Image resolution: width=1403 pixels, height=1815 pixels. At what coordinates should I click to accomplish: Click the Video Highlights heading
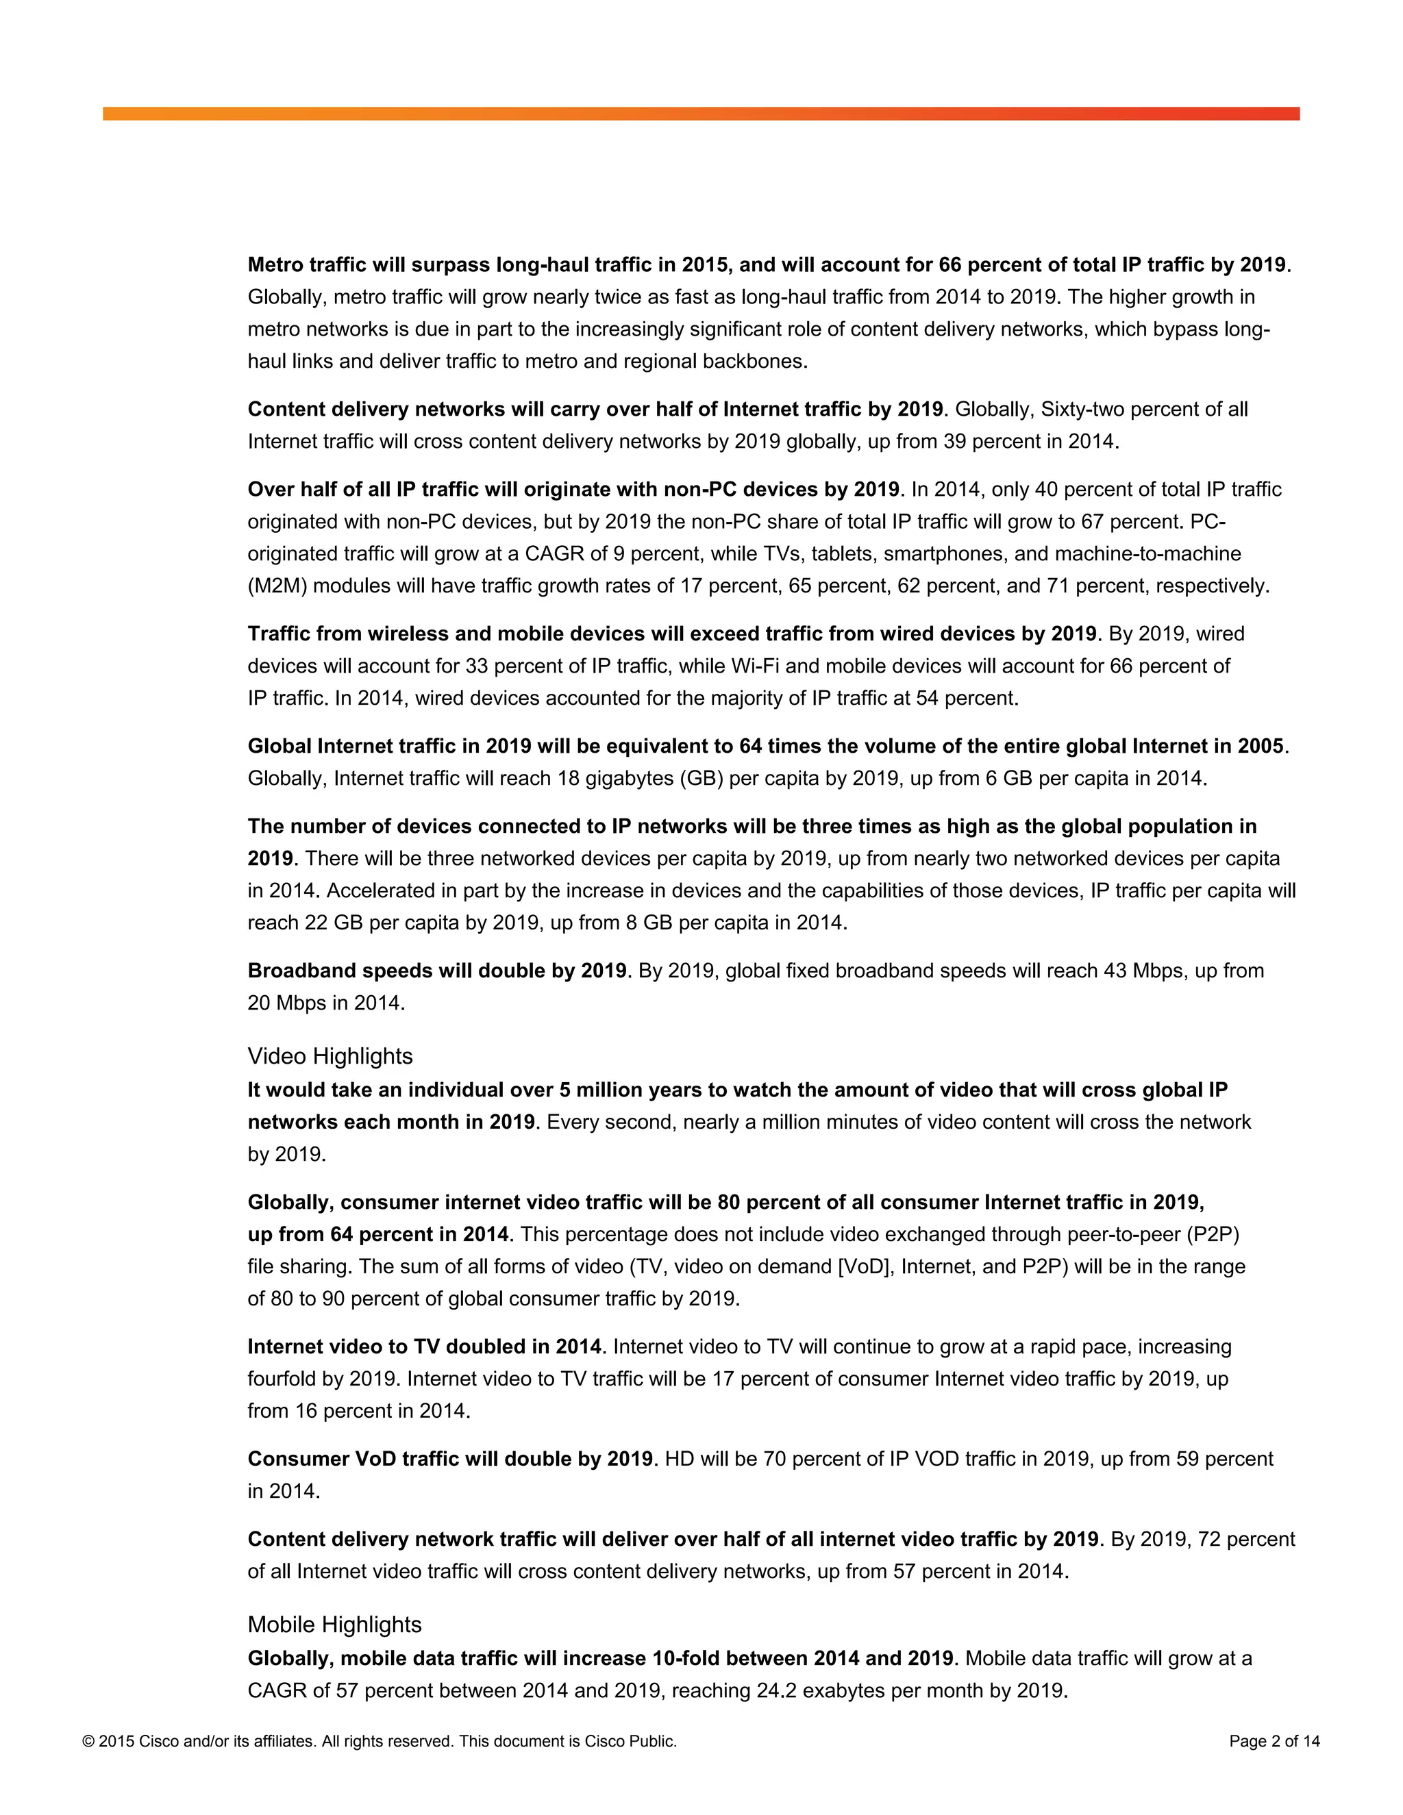point(330,1056)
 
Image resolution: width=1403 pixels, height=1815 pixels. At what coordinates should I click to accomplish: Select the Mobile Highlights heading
point(334,1625)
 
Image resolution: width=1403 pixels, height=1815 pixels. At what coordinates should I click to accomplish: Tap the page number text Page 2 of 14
point(1274,1741)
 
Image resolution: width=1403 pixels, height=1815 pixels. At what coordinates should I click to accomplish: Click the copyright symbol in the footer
point(88,1741)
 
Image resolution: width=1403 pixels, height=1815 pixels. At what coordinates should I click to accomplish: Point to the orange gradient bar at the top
point(701,114)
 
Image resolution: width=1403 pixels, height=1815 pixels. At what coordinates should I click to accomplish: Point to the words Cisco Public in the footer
point(630,1741)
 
